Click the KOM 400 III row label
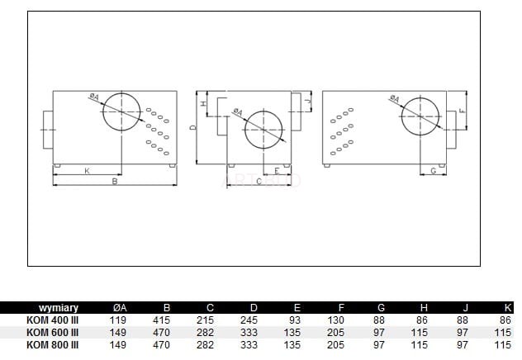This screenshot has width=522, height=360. pyautogui.click(x=52, y=320)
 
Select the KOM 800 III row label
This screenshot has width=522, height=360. pyautogui.click(x=52, y=344)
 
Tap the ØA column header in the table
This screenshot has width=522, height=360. pyautogui.click(x=120, y=308)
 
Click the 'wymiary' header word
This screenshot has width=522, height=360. pyautogui.click(x=59, y=308)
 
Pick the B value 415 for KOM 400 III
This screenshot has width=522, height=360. pyautogui.click(x=161, y=320)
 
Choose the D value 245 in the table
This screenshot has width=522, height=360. pyautogui.click(x=249, y=320)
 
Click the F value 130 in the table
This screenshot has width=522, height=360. pyautogui.click(x=335, y=320)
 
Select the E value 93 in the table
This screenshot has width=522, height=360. pyautogui.click(x=295, y=320)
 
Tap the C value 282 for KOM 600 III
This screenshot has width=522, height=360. pyautogui.click(x=205, y=333)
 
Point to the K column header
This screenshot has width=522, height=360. pyautogui.click(x=507, y=308)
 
